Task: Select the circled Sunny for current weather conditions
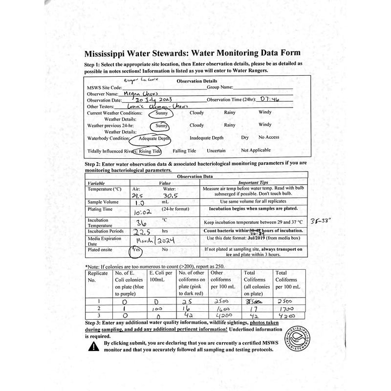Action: click(x=162, y=113)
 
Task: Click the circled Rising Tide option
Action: click(x=149, y=151)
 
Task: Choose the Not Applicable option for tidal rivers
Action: click(x=262, y=151)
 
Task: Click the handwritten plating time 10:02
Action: click(x=143, y=213)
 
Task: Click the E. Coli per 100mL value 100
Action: click(x=155, y=309)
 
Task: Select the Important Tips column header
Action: click(x=253, y=182)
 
